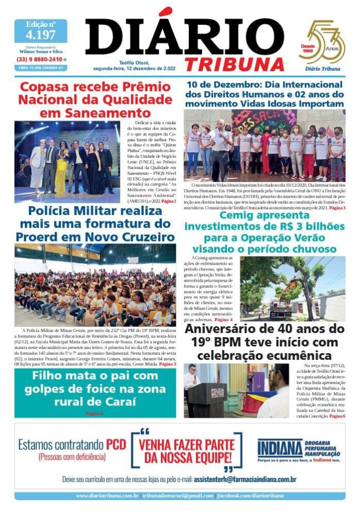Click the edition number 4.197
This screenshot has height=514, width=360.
(40, 35)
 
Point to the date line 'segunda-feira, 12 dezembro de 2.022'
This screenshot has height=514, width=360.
(136, 69)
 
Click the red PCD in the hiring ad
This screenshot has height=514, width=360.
(116, 445)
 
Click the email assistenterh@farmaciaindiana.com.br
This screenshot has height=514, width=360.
(245, 479)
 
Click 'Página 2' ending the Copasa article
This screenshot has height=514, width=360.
(168, 201)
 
